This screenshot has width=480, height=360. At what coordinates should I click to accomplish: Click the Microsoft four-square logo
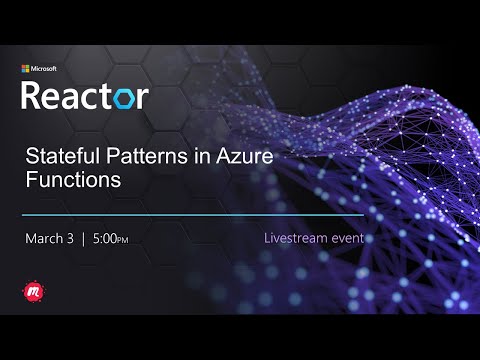tap(27, 69)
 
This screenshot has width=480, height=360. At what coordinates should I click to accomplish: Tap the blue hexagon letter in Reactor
tap(123, 97)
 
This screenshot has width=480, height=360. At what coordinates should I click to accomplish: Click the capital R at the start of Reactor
tap(33, 96)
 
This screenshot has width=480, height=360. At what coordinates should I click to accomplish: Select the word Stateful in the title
tap(58, 157)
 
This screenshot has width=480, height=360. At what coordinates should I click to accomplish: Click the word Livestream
tap(296, 239)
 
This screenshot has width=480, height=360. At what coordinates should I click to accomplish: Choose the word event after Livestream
tap(348, 239)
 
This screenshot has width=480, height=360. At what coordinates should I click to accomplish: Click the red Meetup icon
tap(33, 291)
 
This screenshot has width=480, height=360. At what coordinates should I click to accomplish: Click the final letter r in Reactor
tap(142, 97)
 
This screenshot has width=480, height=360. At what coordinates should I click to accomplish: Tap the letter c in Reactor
tap(88, 97)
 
